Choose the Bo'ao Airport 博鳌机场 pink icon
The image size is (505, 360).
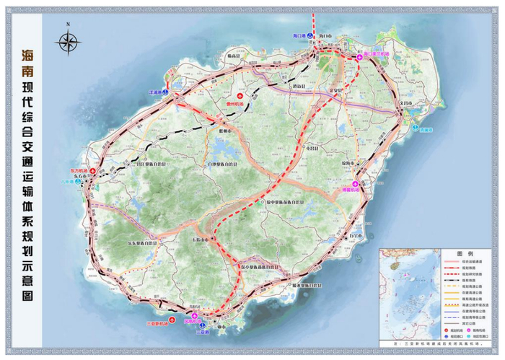364,184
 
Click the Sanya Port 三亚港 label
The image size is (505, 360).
202,332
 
